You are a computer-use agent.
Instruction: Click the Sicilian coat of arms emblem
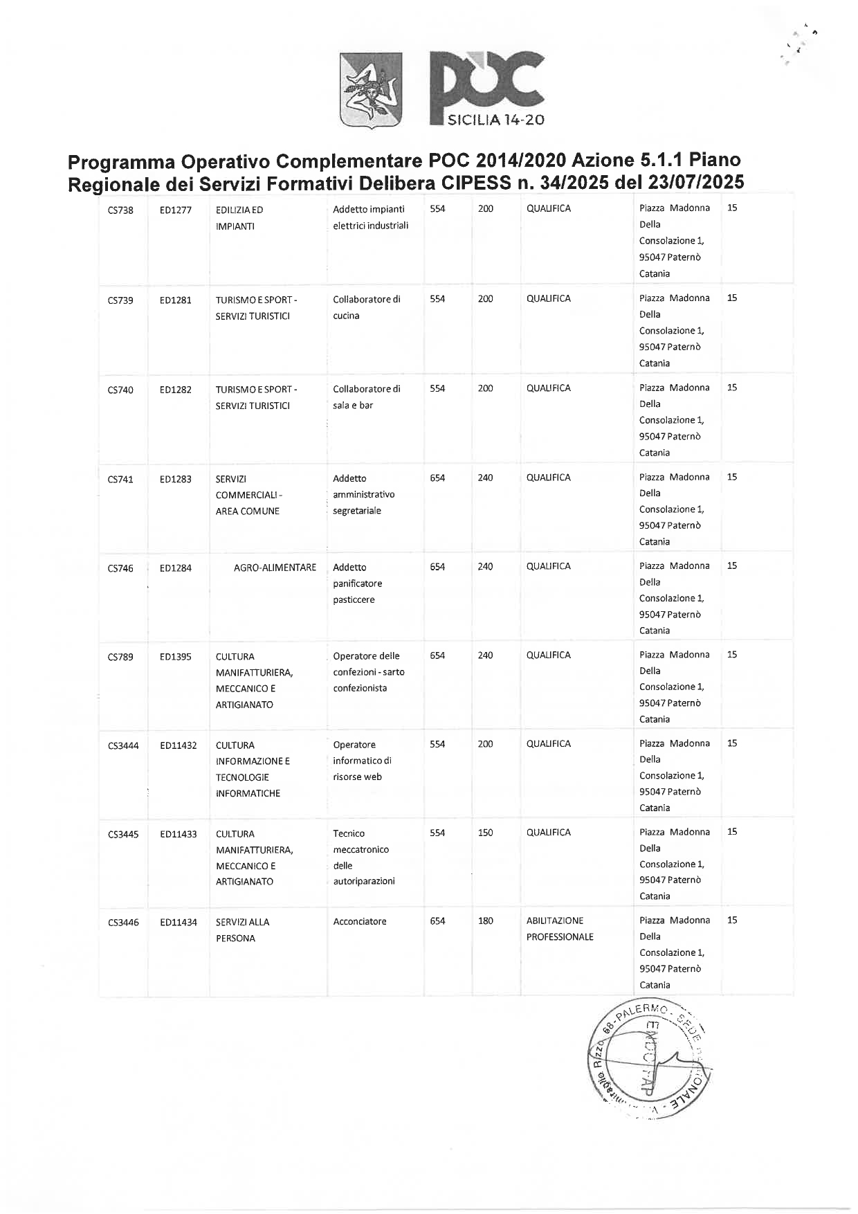point(372,90)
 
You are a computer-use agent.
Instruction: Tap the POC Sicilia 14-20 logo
point(487,89)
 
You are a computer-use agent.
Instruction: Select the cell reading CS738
point(120,210)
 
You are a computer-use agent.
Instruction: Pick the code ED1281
point(175,300)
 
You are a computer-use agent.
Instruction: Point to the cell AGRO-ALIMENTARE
point(275,568)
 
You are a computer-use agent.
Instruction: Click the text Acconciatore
point(359,921)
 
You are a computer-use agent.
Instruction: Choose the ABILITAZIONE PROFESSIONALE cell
point(559,929)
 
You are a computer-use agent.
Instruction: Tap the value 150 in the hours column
point(485,833)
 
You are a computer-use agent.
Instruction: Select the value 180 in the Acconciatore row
point(485,921)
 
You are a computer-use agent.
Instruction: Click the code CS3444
point(123,745)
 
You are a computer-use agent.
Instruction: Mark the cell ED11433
point(178,834)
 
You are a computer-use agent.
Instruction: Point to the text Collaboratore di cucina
point(366,307)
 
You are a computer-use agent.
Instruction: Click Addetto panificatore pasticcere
point(357,583)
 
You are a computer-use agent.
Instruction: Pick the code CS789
point(120,657)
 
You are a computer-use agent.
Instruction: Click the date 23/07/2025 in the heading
point(696,183)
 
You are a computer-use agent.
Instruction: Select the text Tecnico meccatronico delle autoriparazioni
point(363,857)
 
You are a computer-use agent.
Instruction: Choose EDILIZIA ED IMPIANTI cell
point(239,218)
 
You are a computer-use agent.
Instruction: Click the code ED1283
point(175,479)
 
